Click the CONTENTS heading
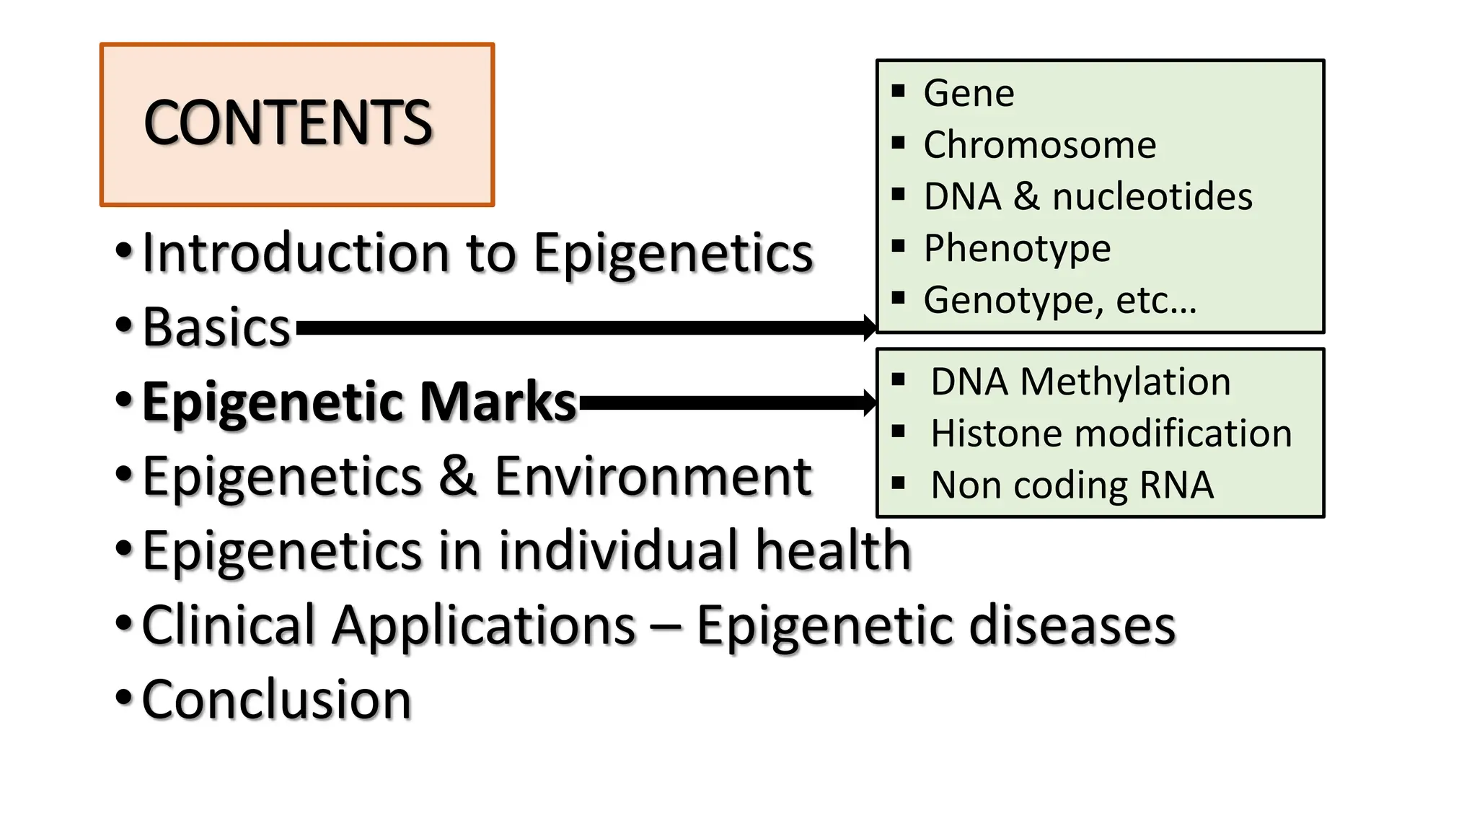click(288, 123)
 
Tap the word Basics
click(216, 327)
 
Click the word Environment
click(653, 477)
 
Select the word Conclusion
click(277, 699)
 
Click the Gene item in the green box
click(969, 93)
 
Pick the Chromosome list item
click(1039, 145)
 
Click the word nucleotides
click(1152, 197)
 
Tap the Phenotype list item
click(1017, 249)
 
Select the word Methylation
click(1125, 382)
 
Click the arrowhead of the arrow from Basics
click(870, 328)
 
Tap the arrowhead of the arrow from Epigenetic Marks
click(870, 403)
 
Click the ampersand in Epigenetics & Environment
click(458, 477)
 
